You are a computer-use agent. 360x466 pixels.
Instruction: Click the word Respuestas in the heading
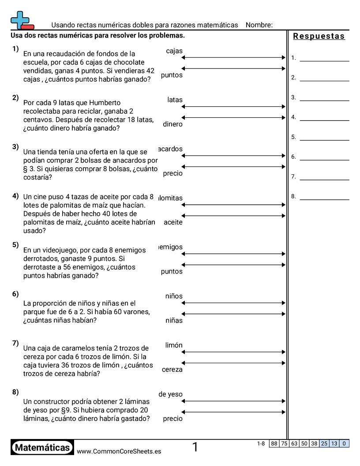tap(319, 36)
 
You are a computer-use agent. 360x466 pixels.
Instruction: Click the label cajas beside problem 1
tap(174, 51)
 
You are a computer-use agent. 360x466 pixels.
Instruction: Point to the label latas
tap(175, 100)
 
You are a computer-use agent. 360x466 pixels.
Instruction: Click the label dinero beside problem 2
tap(172, 124)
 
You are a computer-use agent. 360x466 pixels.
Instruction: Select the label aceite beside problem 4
tap(173, 222)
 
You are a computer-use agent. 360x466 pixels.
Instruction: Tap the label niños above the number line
tap(174, 297)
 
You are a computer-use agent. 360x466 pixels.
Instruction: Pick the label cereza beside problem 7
tap(172, 370)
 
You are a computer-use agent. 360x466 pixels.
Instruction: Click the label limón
tap(174, 346)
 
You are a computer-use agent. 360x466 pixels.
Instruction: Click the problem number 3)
tap(15, 147)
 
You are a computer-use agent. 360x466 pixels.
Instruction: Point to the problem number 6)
tap(15, 294)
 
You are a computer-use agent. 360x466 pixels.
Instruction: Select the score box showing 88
tap(274, 443)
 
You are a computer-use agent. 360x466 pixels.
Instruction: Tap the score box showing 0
tap(344, 443)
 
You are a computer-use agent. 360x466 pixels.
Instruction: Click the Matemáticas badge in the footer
tap(42, 447)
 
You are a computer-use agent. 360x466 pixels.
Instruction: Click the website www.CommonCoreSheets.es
tap(119, 451)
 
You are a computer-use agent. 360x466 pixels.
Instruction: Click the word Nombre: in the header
tap(259, 25)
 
